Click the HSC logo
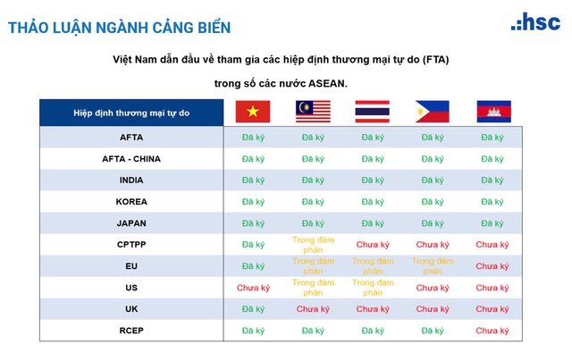(535, 22)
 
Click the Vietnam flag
(253, 112)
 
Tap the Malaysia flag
(313, 112)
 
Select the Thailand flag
(372, 112)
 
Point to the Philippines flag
(432, 112)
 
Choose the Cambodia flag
(492, 112)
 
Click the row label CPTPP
(131, 244)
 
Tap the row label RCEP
(131, 331)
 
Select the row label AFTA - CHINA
(131, 158)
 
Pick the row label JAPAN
(131, 222)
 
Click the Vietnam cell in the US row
(253, 288)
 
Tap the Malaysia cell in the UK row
(313, 309)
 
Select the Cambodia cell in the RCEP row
(492, 331)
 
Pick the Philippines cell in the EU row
(432, 265)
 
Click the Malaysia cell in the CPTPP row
(313, 244)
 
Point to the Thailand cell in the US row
(372, 288)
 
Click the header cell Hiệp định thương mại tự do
(131, 113)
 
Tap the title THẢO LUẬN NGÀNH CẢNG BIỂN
(119, 28)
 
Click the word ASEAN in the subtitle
(325, 83)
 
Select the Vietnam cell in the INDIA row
(253, 180)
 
